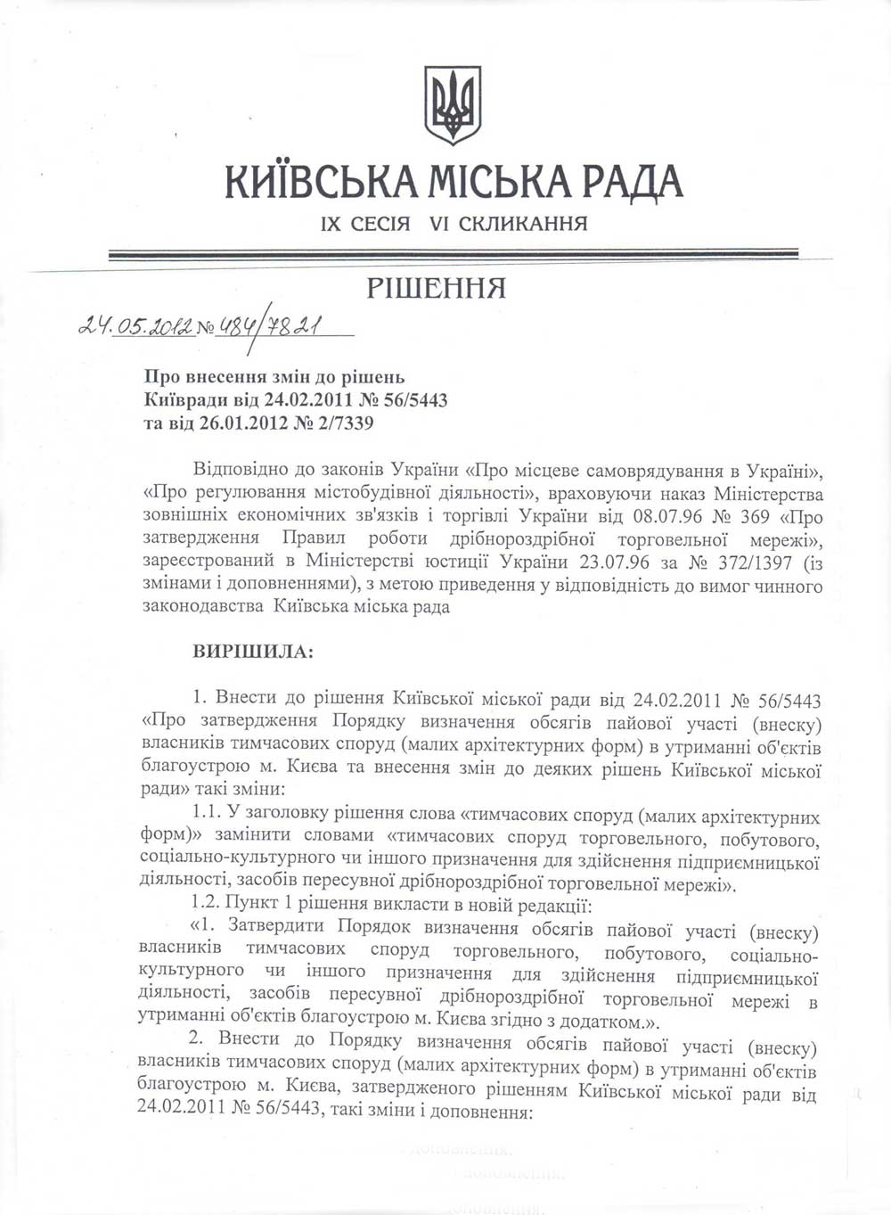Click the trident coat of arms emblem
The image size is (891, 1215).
(452, 105)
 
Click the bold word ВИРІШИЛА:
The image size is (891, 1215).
(253, 652)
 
